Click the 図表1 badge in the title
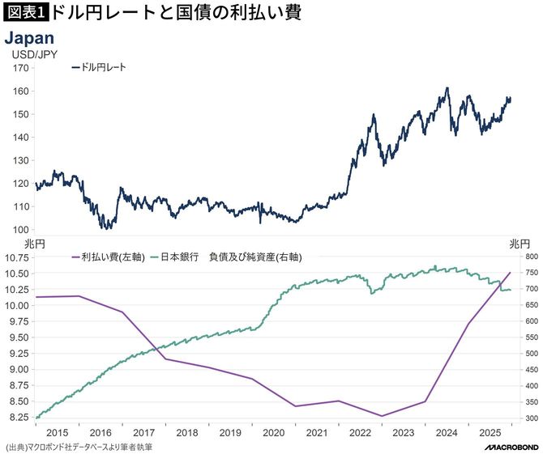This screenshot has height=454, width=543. point(26,14)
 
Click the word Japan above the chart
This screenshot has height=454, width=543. point(30,38)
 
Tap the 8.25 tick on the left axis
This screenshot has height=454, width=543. point(19,418)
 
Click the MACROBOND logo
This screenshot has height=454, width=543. point(508,446)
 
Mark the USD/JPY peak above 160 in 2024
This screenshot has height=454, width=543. point(447,88)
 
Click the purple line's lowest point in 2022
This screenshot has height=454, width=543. point(382,416)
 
